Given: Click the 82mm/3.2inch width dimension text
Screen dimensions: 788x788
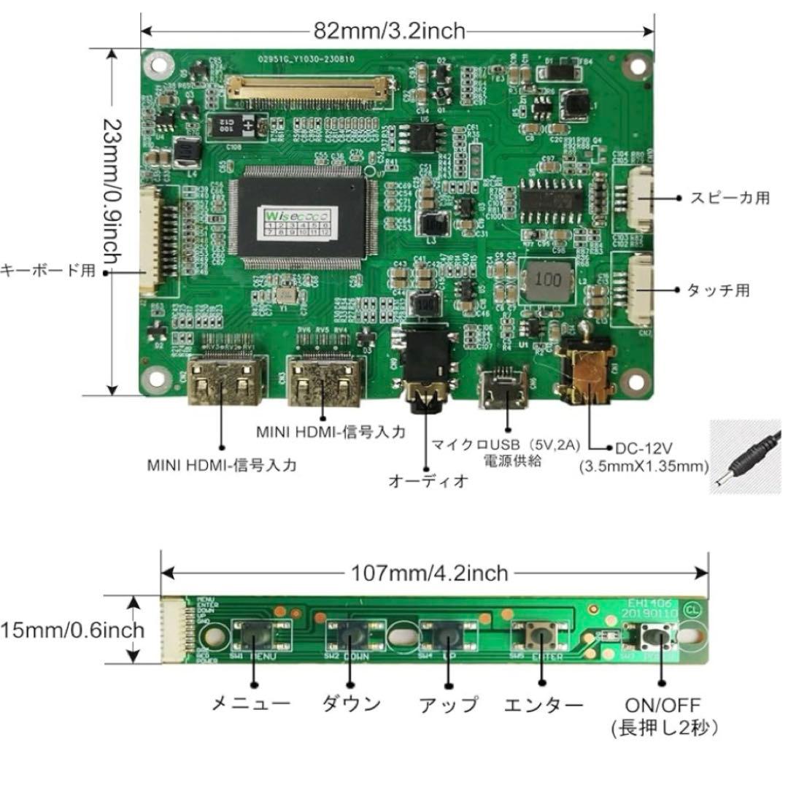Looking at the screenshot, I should tap(389, 31).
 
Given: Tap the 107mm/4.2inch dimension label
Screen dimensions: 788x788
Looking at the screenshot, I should tap(429, 573).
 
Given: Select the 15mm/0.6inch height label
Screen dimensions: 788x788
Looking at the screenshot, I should tap(72, 629).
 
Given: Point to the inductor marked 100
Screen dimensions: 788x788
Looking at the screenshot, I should tap(548, 279).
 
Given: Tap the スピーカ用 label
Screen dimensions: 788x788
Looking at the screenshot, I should tap(729, 198).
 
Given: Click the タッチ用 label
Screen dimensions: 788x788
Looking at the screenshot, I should tap(718, 290).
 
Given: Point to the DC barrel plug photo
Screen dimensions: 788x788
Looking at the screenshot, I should tap(747, 456).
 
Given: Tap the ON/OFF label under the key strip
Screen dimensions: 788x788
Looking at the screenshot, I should tap(662, 706).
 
